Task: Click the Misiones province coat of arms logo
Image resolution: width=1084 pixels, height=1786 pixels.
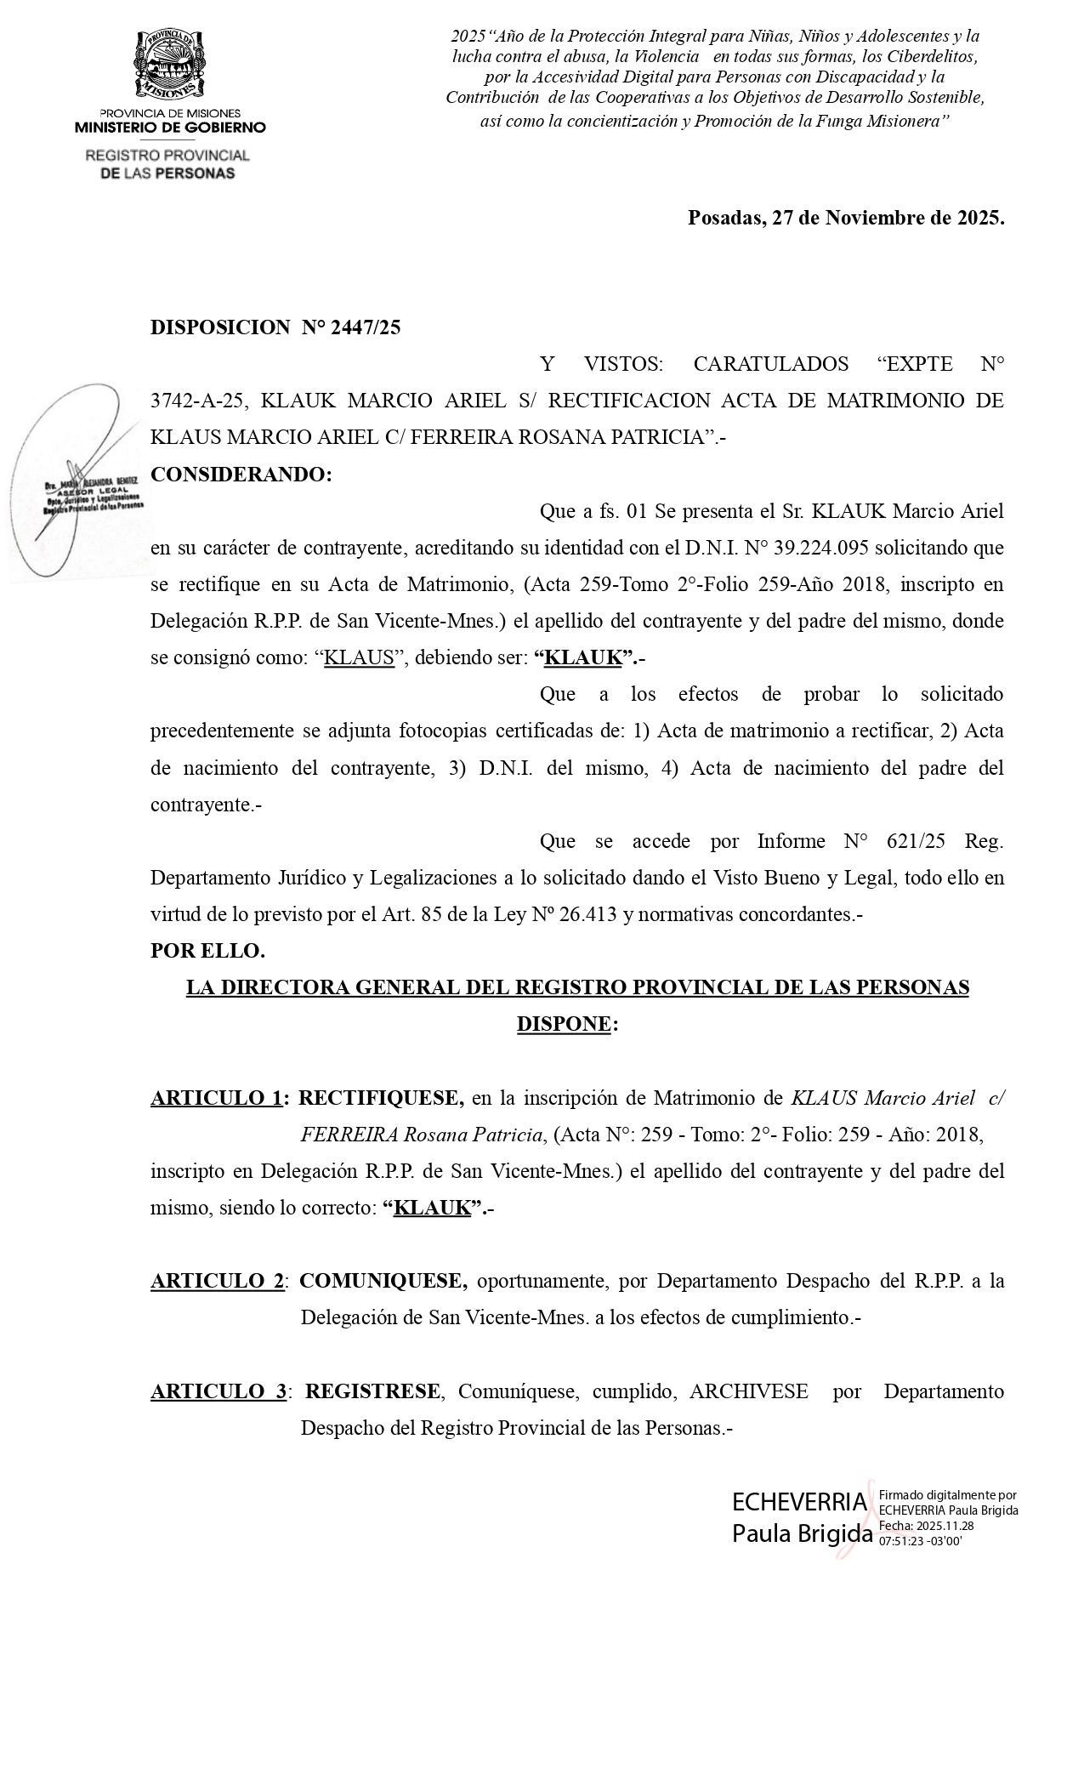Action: click(x=170, y=65)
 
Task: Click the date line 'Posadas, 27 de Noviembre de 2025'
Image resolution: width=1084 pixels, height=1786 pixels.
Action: click(x=845, y=218)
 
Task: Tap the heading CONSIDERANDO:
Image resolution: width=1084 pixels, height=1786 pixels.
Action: click(x=241, y=475)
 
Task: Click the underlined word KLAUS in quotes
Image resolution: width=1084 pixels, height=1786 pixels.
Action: click(x=360, y=658)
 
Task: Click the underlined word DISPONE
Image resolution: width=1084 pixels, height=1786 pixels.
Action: click(x=564, y=1024)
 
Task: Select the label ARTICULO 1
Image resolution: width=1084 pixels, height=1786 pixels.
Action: click(x=216, y=1098)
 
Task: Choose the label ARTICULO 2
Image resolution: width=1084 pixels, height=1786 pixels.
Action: click(x=217, y=1281)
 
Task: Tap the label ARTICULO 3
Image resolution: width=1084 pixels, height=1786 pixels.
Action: click(x=219, y=1391)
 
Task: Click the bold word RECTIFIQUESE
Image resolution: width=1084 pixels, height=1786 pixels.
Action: click(x=381, y=1098)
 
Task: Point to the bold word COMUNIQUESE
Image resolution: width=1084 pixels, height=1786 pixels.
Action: click(x=383, y=1281)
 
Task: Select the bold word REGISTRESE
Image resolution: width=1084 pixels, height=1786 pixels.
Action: click(x=372, y=1391)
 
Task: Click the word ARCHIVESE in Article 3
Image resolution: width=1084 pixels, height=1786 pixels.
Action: click(x=748, y=1391)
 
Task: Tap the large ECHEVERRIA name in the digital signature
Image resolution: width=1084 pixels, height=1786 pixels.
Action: click(x=799, y=1503)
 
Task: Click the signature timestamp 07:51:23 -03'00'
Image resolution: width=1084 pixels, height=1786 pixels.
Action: click(x=920, y=1540)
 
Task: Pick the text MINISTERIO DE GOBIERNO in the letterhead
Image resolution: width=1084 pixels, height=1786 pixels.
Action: click(x=170, y=128)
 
